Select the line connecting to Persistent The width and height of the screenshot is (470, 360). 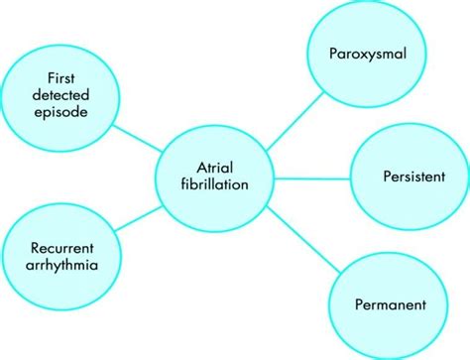tap(312, 178)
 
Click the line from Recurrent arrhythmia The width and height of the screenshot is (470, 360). tap(139, 215)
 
